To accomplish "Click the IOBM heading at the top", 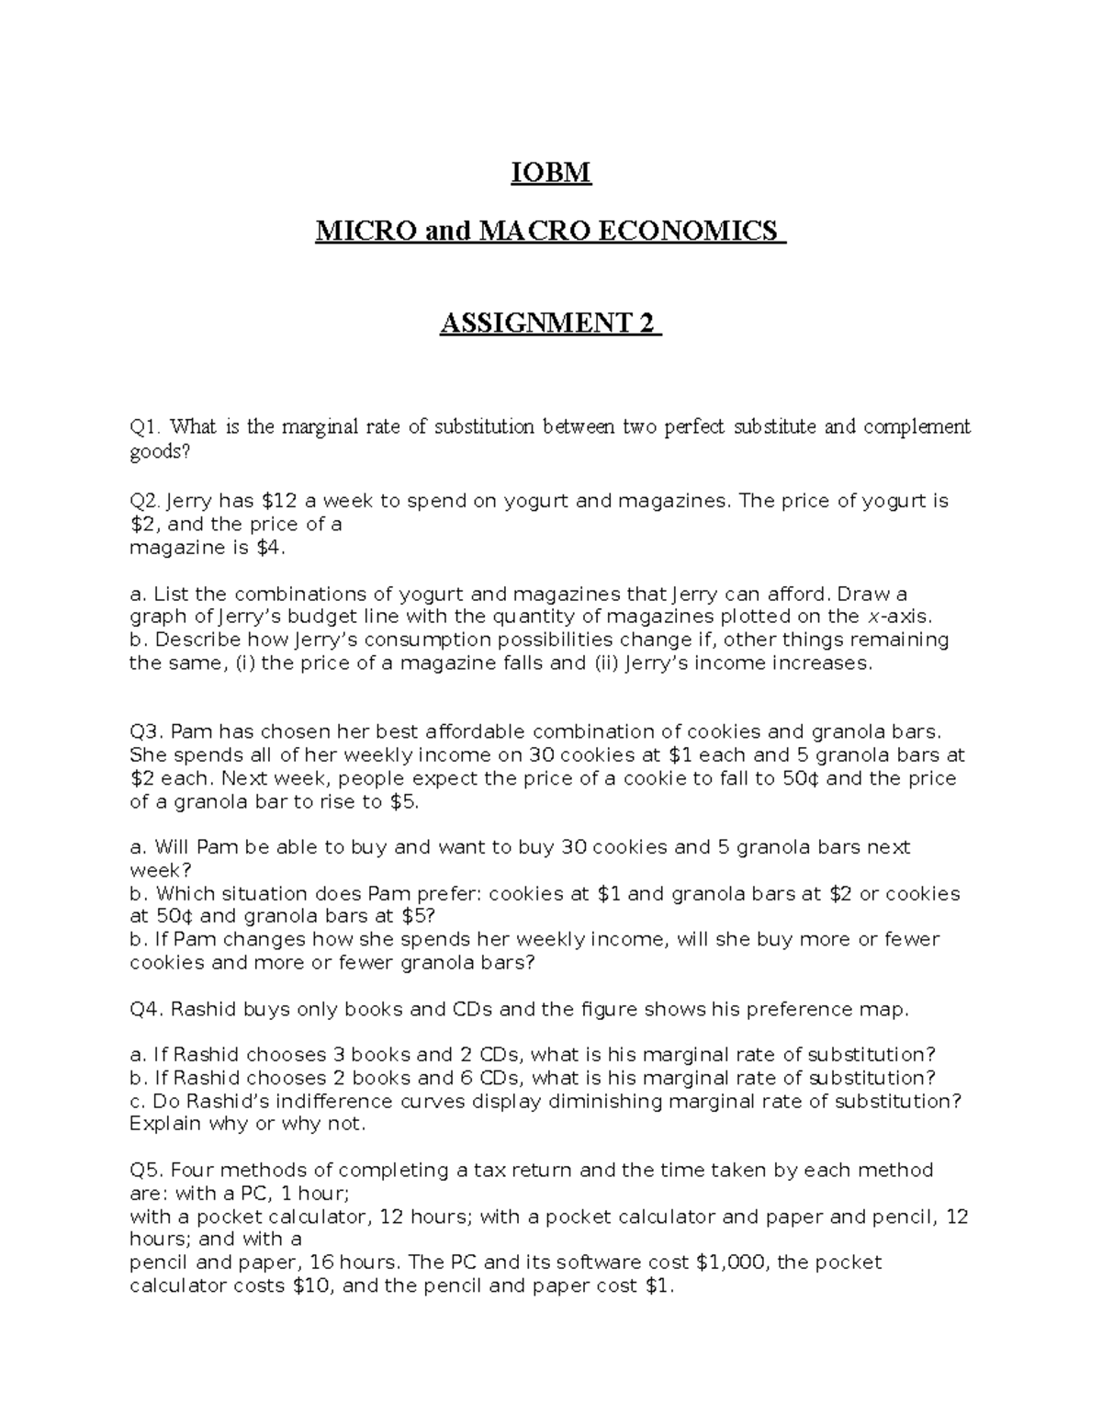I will pyautogui.click(x=551, y=173).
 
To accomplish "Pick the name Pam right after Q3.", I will pyautogui.click(x=190, y=732).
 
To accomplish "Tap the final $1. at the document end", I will pyautogui.click(x=659, y=1286).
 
